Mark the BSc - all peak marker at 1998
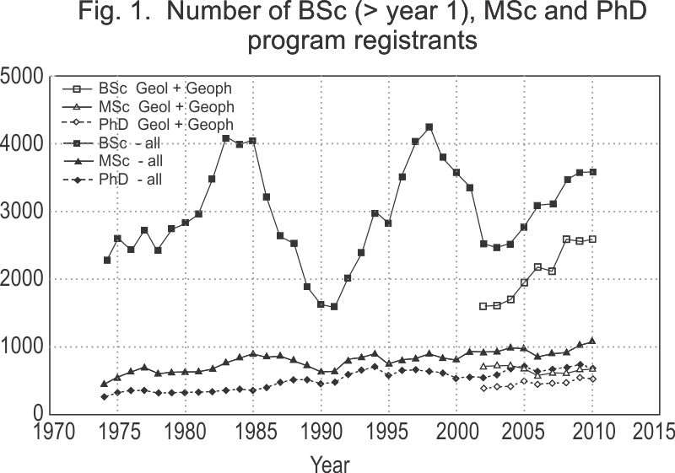[x=429, y=127]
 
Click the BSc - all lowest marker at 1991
[x=334, y=306]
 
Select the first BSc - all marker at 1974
[x=107, y=260]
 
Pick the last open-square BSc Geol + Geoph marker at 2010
[x=593, y=239]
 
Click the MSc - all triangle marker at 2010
[x=593, y=341]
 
